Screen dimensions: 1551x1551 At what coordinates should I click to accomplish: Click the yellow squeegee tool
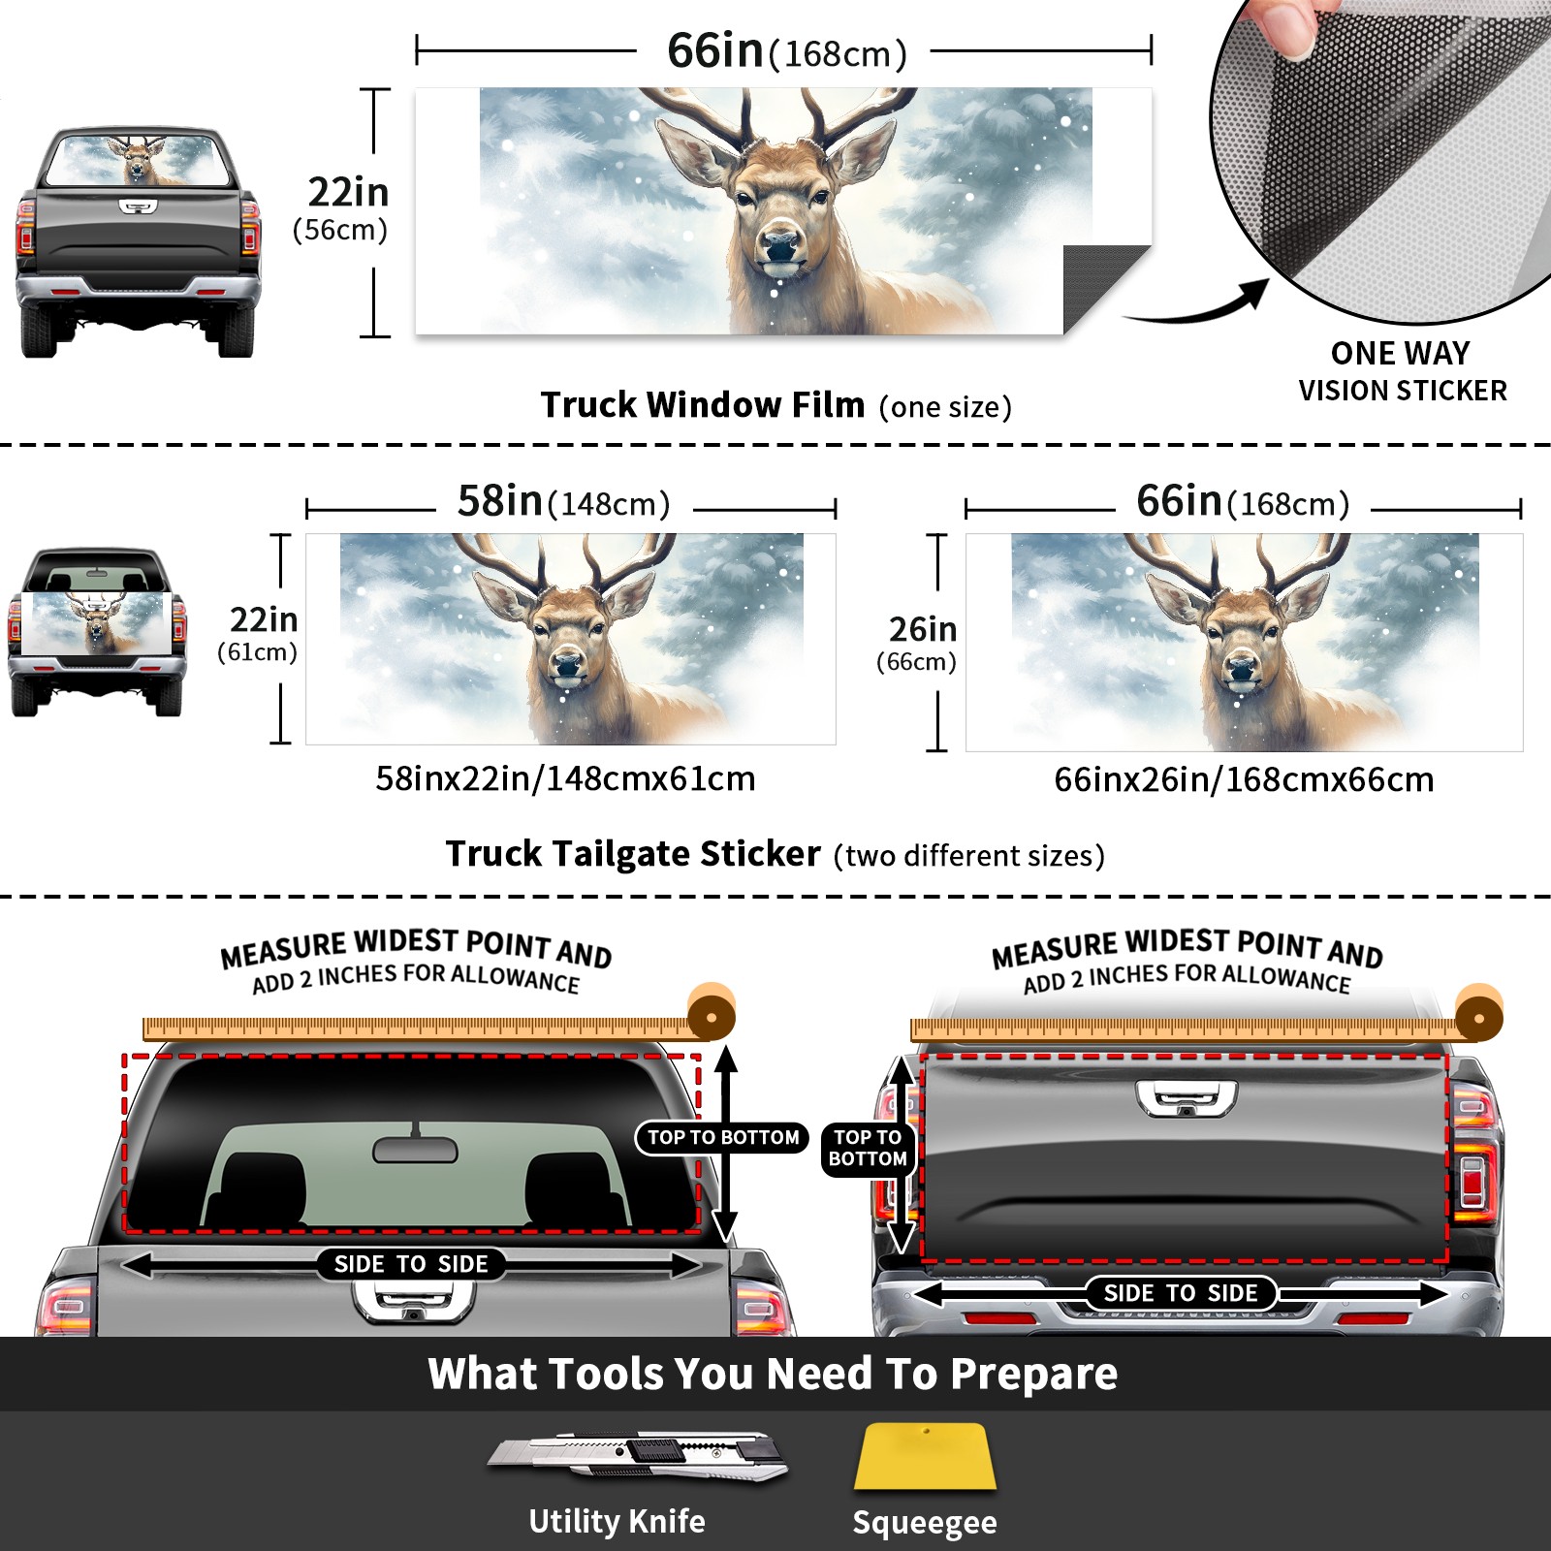point(925,1456)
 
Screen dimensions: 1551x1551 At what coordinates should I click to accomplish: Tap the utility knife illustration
point(638,1455)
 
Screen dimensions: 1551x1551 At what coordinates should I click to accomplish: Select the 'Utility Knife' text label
point(617,1521)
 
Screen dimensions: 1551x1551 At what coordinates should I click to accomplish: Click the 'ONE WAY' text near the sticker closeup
point(1400,353)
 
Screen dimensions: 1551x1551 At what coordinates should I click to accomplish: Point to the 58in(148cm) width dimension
point(564,502)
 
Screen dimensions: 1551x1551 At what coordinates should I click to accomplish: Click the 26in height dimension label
point(923,630)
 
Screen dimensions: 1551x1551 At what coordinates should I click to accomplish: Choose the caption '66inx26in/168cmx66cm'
point(1244,779)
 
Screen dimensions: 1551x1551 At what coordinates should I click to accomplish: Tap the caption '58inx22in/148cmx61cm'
point(565,778)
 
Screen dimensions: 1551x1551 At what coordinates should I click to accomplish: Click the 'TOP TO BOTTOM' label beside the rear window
point(723,1137)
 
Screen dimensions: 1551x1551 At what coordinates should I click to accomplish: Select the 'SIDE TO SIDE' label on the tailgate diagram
point(1181,1293)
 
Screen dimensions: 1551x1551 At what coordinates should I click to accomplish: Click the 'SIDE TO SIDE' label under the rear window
point(411,1264)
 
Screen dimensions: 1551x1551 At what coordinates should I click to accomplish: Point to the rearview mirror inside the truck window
point(415,1149)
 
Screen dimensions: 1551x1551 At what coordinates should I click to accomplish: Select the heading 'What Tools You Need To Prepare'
point(773,1374)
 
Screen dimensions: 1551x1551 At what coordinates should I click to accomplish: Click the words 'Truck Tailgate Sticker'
point(633,853)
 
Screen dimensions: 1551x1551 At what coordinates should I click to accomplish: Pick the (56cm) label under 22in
point(340,230)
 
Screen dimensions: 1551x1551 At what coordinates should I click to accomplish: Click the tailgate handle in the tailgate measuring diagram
point(1187,1099)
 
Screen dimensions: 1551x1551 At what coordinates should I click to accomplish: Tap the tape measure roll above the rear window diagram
point(712,1014)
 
